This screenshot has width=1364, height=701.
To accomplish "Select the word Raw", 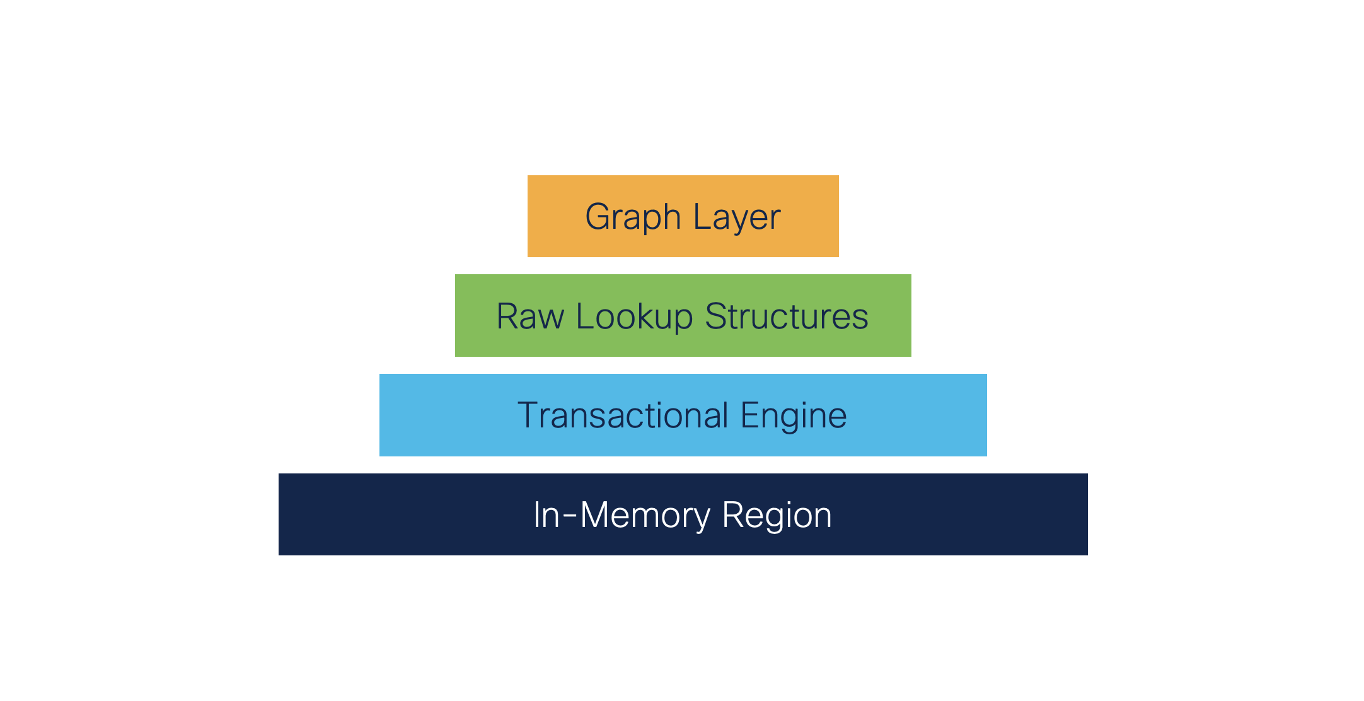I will pos(529,316).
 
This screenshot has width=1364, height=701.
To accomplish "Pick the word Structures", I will pos(786,316).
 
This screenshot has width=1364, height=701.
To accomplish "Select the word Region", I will pos(777,516).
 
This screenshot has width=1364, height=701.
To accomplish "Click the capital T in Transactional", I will pos(528,415).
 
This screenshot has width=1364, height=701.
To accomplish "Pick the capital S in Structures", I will pos(716,316).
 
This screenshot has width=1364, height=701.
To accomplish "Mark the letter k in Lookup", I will pos(651,316).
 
